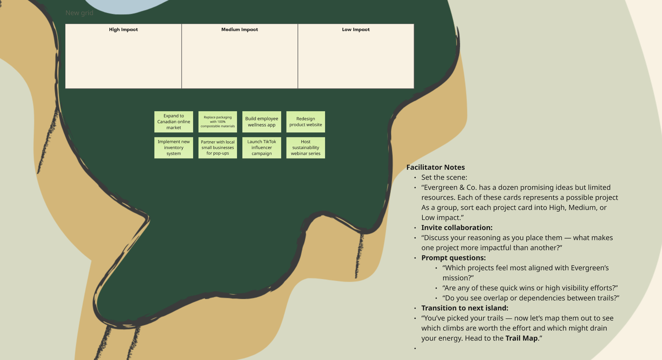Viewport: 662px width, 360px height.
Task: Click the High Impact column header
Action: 123,29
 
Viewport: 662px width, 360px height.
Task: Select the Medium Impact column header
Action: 240,29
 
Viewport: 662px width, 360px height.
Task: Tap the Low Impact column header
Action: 356,29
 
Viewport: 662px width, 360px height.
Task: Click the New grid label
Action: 79,13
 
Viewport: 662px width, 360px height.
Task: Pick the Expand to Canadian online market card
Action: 174,122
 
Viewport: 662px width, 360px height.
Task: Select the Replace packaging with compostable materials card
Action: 218,122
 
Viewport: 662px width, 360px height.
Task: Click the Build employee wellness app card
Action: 262,122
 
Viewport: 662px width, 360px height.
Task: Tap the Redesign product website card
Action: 306,122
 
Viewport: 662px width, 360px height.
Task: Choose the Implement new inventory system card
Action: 174,148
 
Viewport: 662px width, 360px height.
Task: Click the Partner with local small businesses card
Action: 218,148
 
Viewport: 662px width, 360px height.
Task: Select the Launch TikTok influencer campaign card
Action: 262,148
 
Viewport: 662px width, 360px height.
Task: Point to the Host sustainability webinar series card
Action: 306,148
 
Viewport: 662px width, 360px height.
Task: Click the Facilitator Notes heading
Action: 435,167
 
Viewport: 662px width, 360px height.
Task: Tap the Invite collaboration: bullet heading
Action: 457,228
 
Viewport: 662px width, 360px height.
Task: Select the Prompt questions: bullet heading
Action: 453,258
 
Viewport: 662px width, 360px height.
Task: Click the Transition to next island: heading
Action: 465,308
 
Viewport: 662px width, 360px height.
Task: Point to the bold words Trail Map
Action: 521,338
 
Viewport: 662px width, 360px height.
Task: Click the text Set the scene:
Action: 444,177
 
